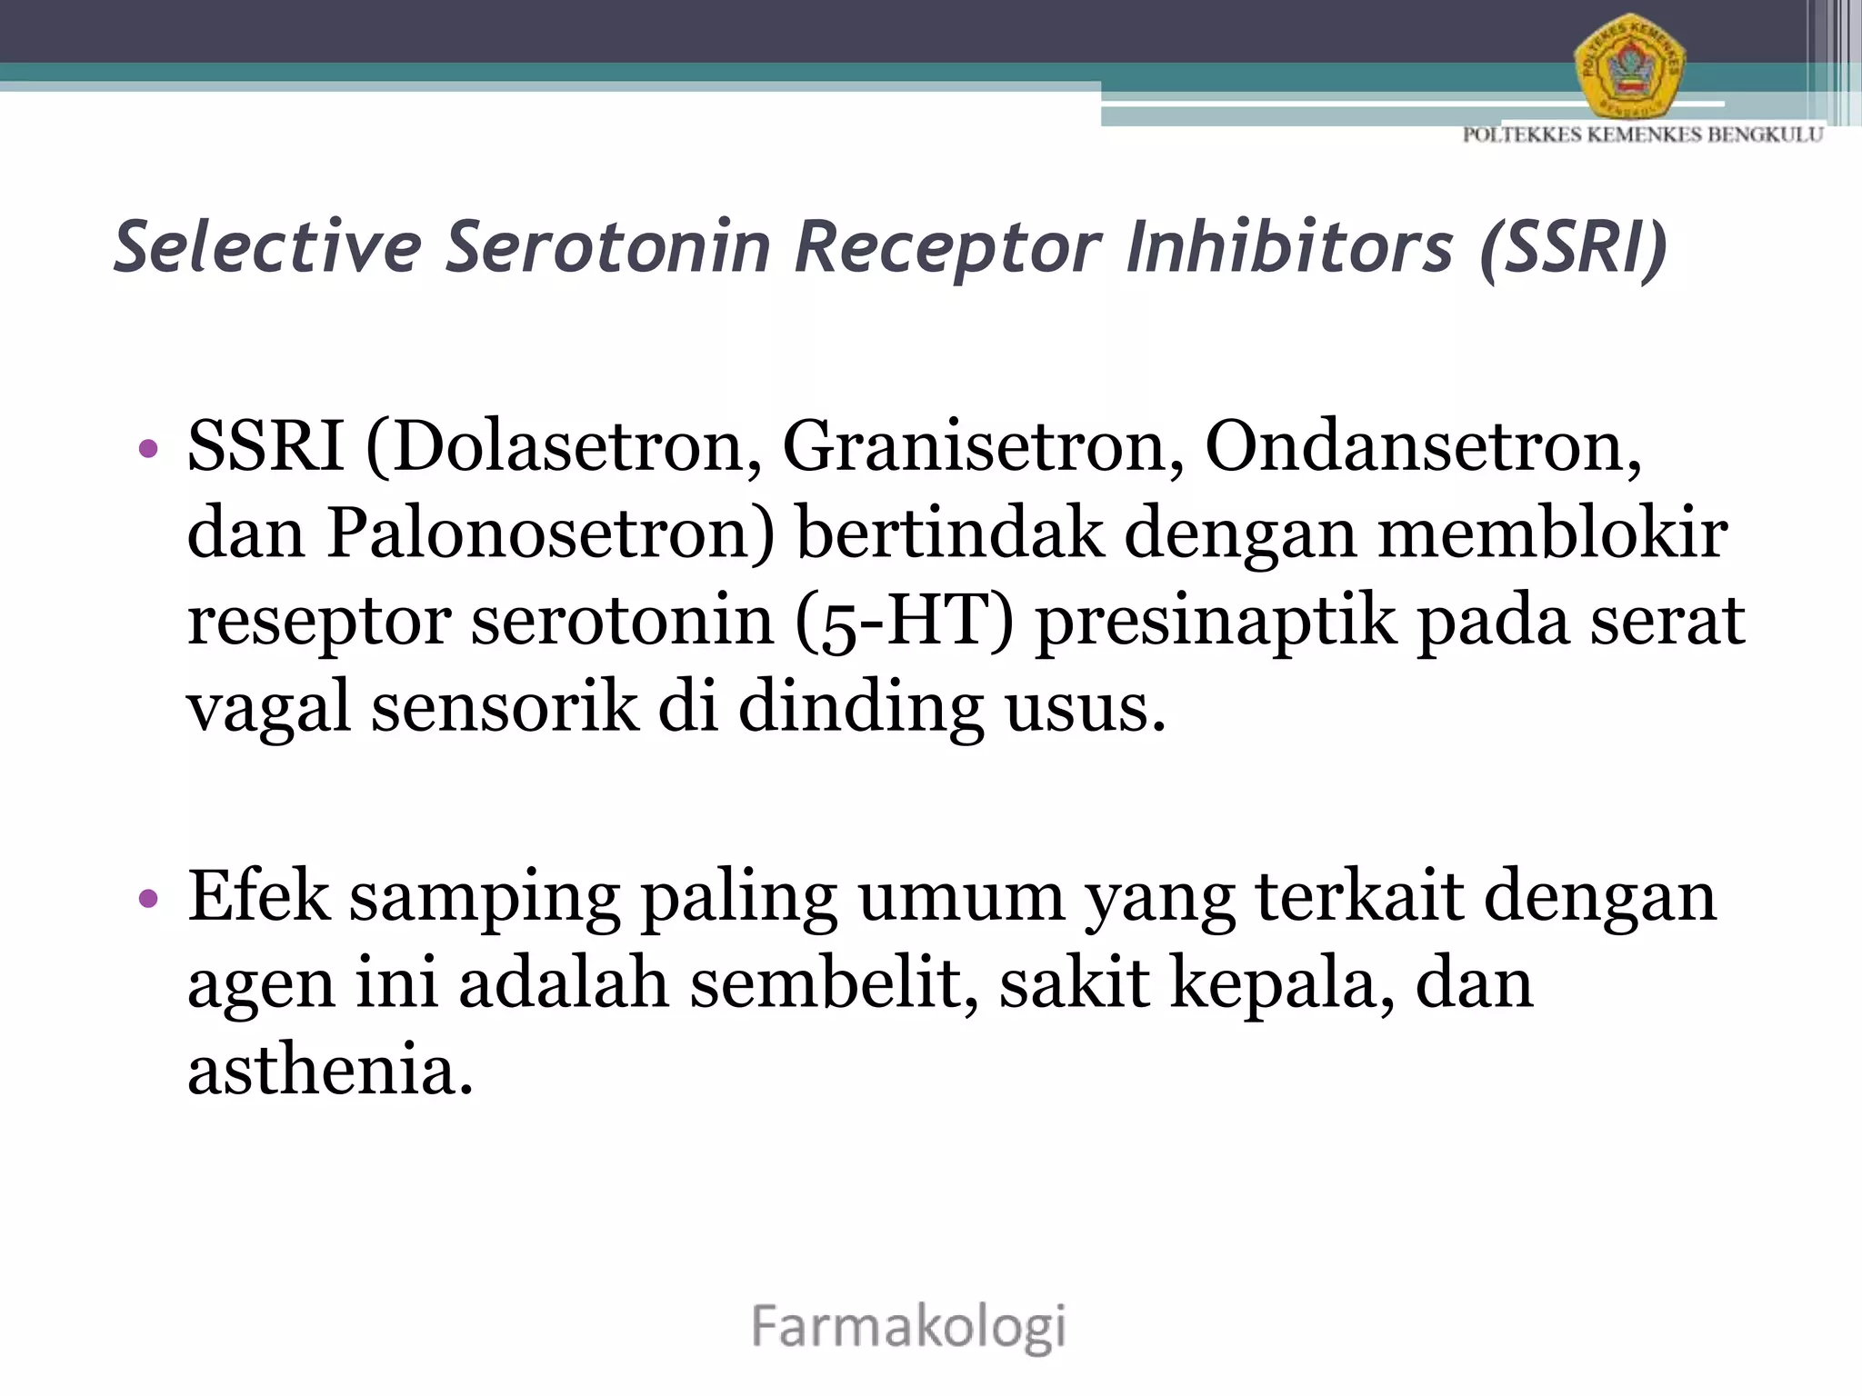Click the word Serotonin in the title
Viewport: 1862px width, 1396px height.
[x=607, y=247]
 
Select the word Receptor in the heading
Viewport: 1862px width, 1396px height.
[x=946, y=247]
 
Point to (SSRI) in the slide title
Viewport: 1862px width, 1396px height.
[x=1573, y=247]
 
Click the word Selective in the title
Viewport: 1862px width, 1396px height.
[x=267, y=247]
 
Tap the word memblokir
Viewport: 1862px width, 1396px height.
[x=1552, y=534]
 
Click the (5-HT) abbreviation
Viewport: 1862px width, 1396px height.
[x=904, y=622]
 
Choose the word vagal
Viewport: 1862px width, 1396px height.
[x=268, y=709]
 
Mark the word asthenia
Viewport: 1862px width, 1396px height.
[x=330, y=1070]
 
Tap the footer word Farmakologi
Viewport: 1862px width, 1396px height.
[x=908, y=1327]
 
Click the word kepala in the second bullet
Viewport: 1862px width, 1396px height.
[x=1281, y=984]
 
